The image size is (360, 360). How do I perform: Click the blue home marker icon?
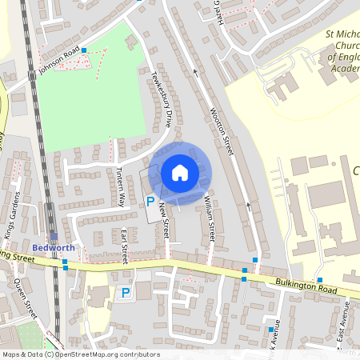tap(180, 173)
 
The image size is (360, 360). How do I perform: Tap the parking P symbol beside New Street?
tap(149, 202)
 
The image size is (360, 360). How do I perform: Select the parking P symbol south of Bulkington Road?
tap(125, 294)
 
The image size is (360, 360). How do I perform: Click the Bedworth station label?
tap(54, 247)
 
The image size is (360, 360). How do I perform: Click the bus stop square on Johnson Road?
tap(84, 50)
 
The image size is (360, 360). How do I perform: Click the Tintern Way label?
tap(121, 186)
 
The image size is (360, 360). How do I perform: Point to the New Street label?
tap(165, 218)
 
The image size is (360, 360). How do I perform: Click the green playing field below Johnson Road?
tap(84, 104)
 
